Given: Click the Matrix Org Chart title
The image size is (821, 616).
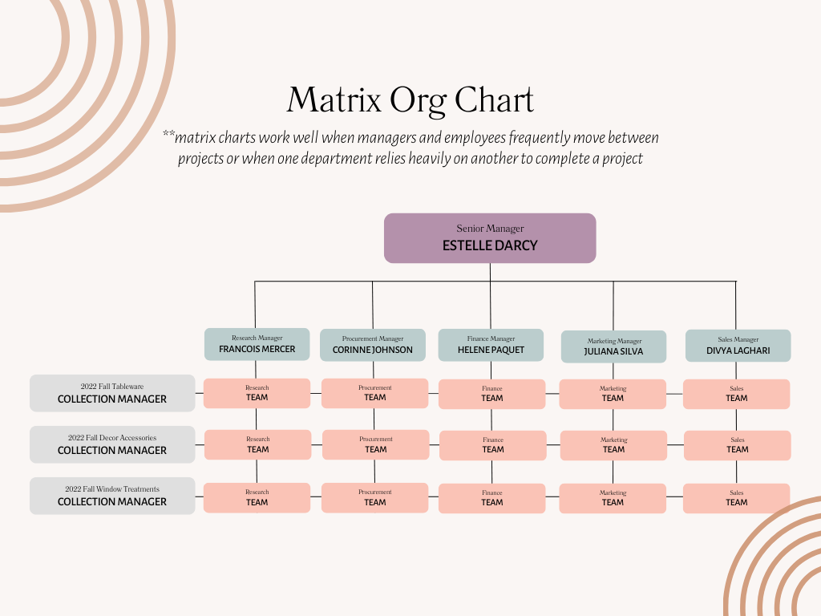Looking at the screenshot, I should [410, 101].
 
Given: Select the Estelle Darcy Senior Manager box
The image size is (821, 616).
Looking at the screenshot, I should [490, 238].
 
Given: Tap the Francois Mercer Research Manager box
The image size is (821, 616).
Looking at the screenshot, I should [257, 344].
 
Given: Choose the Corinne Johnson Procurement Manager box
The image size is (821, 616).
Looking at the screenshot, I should [373, 345].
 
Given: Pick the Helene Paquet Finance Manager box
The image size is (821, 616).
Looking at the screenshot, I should [491, 345].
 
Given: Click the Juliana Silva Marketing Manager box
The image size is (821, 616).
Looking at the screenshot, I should [613, 346].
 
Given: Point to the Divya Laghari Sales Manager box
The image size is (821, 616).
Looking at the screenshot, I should [738, 346].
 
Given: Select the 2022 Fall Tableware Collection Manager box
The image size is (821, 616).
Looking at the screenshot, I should [112, 393].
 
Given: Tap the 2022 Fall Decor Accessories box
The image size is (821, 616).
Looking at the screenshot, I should [112, 444].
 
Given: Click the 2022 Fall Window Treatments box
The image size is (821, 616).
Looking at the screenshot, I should [112, 496].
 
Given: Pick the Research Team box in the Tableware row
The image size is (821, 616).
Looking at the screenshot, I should [257, 393].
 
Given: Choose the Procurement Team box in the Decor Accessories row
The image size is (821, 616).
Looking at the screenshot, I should [375, 445].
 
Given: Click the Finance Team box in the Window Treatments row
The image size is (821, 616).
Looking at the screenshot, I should [492, 498].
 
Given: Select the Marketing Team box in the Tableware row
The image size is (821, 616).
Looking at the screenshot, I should [613, 394].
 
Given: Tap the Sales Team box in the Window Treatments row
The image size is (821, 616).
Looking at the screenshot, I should [736, 498].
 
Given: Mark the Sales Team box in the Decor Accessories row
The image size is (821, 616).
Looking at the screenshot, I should [737, 445].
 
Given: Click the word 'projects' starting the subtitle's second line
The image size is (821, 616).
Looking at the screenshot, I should [200, 159].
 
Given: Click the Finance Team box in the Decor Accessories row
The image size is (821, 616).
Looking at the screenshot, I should [493, 445].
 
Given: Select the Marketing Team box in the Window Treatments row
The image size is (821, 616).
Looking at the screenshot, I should [613, 498].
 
